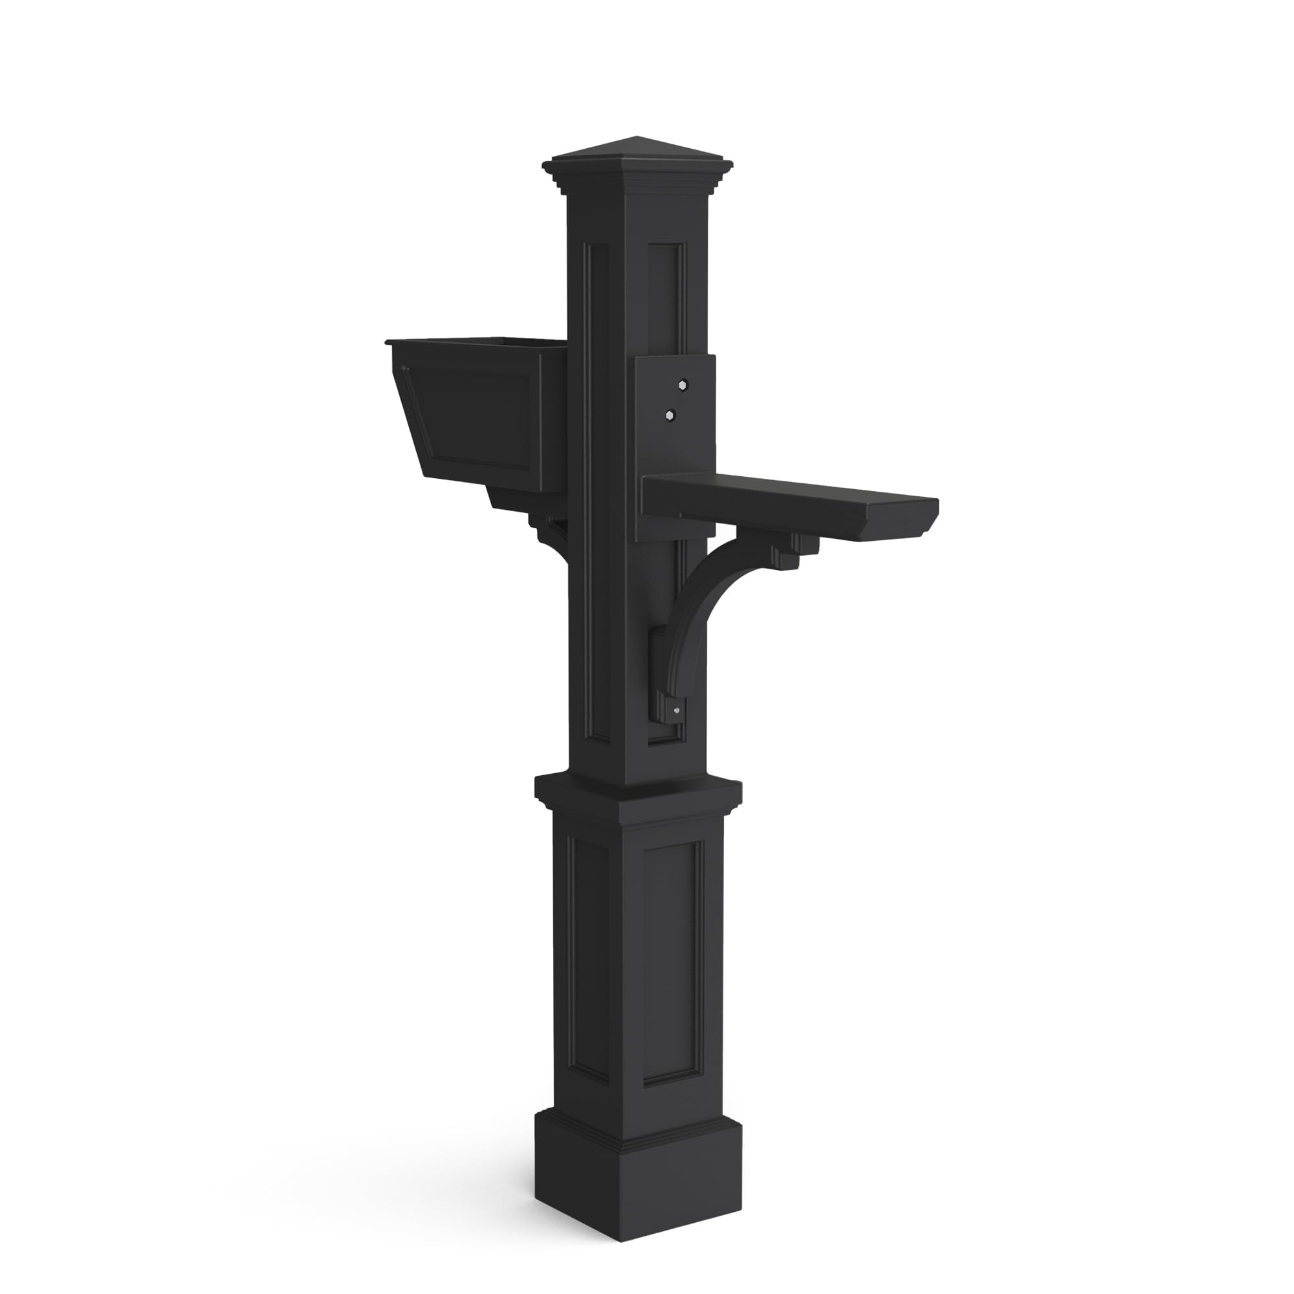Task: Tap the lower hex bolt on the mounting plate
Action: click(668, 415)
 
